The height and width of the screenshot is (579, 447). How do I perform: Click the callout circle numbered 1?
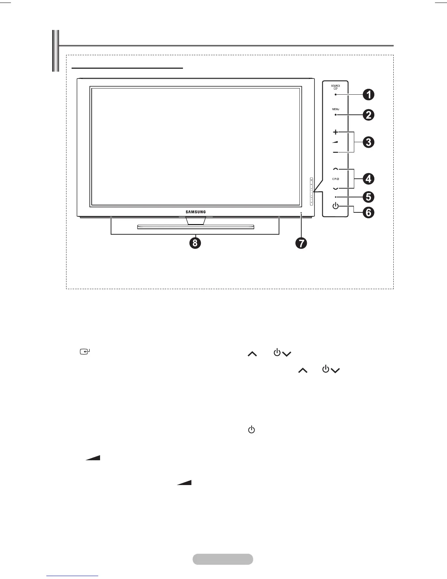point(368,95)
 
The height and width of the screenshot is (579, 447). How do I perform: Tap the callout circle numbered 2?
point(368,115)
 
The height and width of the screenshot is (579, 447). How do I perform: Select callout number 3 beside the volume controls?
point(368,142)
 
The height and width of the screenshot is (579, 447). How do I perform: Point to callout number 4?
point(368,179)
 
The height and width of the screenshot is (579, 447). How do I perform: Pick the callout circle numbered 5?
point(368,197)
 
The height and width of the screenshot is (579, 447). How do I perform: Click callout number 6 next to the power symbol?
point(368,212)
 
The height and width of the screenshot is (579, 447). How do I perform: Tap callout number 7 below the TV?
point(301,243)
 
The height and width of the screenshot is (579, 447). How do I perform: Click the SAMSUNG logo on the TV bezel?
point(195,212)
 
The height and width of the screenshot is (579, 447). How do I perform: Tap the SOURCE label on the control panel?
point(336,86)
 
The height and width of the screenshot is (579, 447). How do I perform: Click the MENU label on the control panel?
point(336,109)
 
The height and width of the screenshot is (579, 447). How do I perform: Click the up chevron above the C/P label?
point(336,169)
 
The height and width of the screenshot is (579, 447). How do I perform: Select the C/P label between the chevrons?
point(336,179)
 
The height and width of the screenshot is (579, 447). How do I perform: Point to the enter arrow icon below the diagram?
point(85,352)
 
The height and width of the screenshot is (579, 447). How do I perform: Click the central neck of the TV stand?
point(195,220)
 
